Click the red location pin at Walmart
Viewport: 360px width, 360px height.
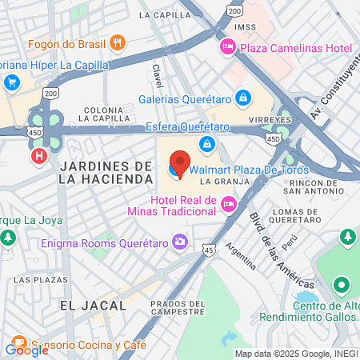point(180,162)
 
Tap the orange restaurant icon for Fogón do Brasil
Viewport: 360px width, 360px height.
point(118,43)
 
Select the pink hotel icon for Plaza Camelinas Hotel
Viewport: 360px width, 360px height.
point(228,49)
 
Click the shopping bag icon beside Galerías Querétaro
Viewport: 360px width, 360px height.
point(243,99)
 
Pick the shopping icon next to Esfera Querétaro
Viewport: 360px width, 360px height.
point(207,144)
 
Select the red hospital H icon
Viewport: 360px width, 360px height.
point(38,157)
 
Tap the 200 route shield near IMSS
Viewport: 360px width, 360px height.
point(234,11)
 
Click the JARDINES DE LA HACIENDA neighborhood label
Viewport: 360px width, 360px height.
point(104,172)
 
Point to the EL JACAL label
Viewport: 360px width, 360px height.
point(93,305)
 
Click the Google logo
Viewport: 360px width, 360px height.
point(27,350)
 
